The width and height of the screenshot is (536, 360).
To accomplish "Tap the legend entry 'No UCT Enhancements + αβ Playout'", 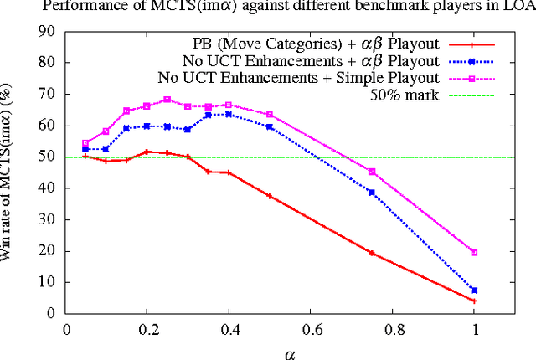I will pos(311,60).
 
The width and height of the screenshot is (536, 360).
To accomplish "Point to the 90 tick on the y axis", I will pos(49,31).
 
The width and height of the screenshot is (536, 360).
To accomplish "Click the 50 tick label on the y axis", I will pos(49,157).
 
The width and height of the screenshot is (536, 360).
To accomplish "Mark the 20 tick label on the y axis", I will pos(49,250).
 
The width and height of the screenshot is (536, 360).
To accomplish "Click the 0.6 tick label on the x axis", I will pos(312,329).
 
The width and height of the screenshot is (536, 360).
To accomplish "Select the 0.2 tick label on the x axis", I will pos(148,329).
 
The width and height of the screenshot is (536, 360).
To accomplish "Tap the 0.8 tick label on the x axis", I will pos(393,329).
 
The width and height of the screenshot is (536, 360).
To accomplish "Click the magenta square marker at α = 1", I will pos(474,252).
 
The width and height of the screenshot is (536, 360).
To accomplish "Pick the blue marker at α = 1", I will pos(474,290).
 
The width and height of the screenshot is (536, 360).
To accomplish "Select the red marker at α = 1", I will pos(474,301).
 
